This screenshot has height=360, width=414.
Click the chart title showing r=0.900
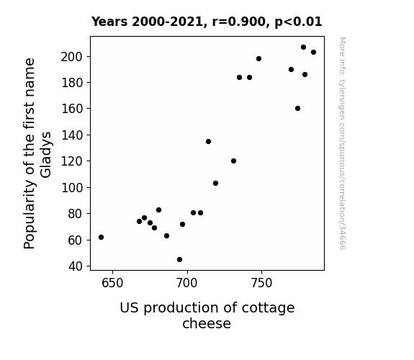tap(207, 22)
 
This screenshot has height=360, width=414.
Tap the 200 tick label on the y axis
tap(71, 57)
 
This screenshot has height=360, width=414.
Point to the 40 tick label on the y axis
tap(76, 266)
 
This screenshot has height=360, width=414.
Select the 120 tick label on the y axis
tap(71, 161)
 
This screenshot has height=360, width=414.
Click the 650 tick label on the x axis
tap(112, 283)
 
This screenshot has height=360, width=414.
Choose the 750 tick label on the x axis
tap(261, 283)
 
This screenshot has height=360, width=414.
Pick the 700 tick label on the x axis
tap(187, 283)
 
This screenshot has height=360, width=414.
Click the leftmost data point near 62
tap(101, 237)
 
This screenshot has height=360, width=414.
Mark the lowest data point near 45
tap(179, 260)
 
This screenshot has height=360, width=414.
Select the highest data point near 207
tap(303, 48)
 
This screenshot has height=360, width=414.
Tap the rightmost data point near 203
tap(313, 53)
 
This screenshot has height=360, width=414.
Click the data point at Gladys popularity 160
tap(297, 108)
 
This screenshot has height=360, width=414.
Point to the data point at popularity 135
tap(208, 142)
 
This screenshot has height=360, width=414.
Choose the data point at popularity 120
tap(233, 161)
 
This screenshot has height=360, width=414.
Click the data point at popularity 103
tap(215, 184)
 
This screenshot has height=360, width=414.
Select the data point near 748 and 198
tap(258, 58)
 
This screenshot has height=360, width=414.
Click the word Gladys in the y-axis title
tap(46, 155)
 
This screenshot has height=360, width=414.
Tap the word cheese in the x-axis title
tap(207, 323)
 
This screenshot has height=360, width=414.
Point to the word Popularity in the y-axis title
tap(29, 215)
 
